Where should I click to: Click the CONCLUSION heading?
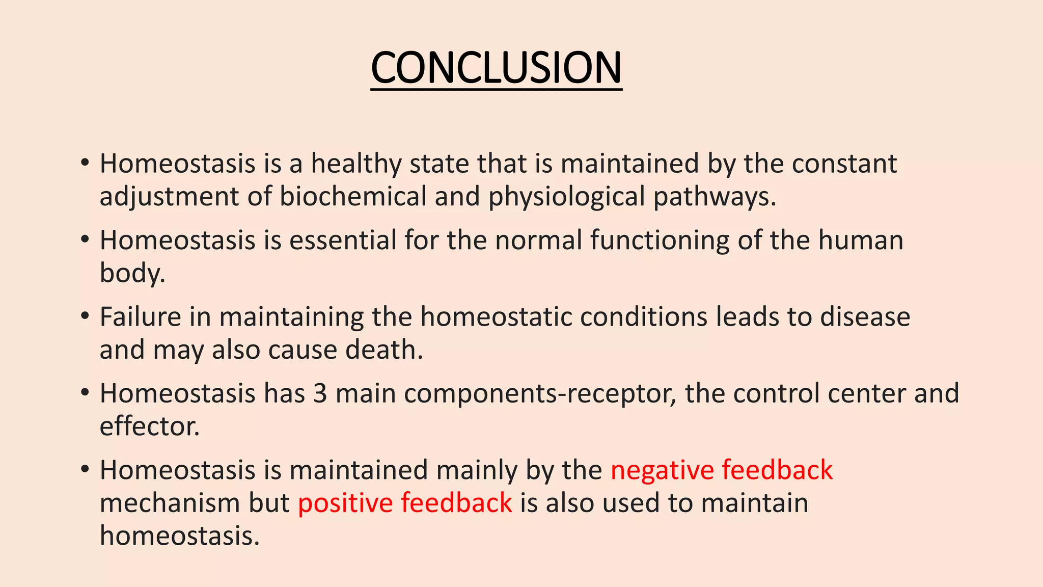496,68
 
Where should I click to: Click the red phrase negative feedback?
721,470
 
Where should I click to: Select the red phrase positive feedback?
405,503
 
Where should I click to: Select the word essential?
343,240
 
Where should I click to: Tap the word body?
131,273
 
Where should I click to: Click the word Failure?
140,317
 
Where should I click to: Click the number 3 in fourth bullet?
320,393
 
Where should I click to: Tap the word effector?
149,426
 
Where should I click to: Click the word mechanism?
170,503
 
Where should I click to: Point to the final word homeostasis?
179,536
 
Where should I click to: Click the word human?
861,240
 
